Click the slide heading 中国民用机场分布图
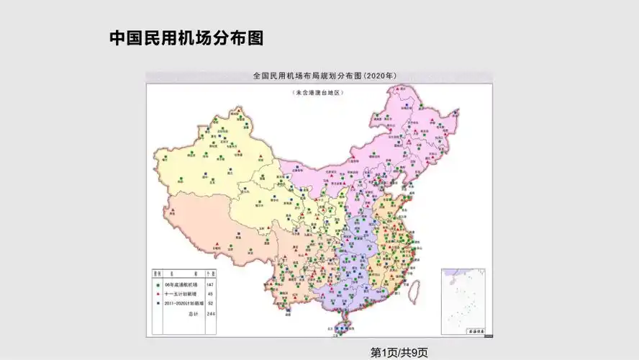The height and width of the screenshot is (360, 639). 186,38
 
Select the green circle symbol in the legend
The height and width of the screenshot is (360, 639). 158,285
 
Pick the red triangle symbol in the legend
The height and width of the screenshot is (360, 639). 158,294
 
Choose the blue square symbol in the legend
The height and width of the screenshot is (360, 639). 158,304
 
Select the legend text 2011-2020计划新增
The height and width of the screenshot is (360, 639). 184,304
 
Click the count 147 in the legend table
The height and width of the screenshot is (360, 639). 211,285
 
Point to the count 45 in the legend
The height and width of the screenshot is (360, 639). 211,294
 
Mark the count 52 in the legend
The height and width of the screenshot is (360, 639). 211,304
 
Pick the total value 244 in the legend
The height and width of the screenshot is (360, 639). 211,314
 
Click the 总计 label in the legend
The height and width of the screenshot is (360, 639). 192,314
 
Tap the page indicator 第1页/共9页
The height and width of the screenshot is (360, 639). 399,352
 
